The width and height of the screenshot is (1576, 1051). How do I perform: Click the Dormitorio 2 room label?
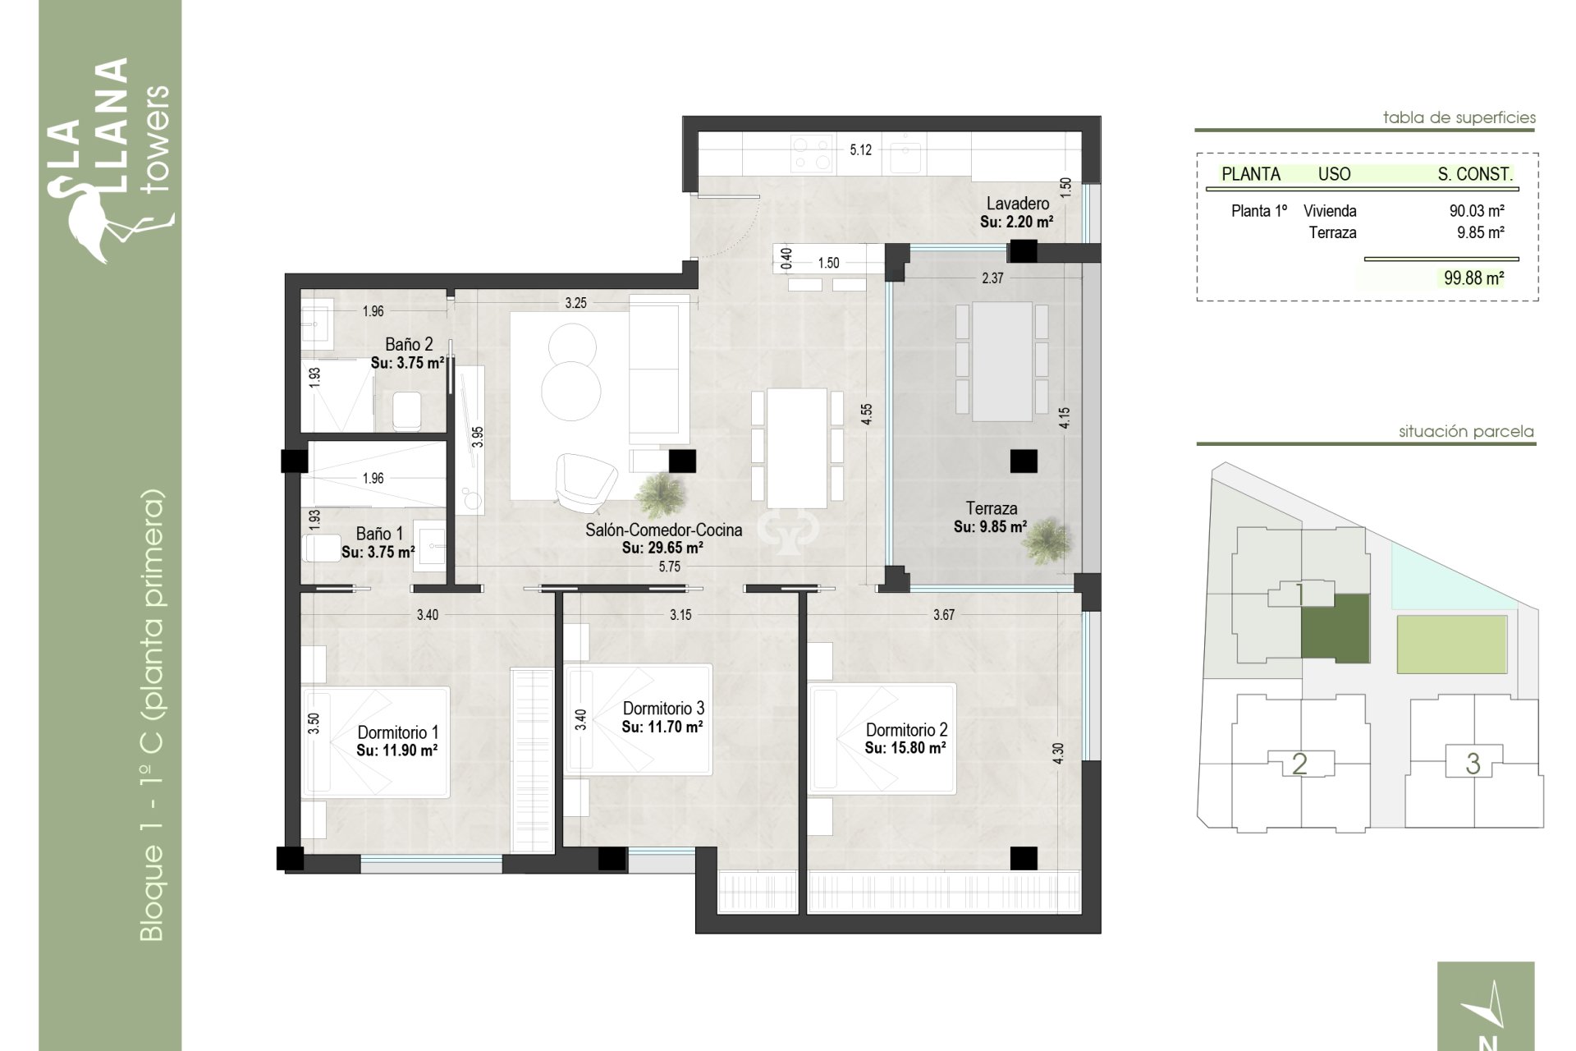click(x=906, y=730)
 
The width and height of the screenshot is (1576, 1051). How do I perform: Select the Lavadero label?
click(x=1017, y=204)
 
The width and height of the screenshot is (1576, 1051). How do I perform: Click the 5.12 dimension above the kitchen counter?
click(x=860, y=150)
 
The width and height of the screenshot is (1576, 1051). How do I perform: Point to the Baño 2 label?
click(x=408, y=345)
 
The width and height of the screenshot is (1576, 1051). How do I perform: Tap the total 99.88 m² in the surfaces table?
click(x=1473, y=278)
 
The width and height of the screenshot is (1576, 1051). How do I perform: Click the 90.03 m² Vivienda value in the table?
click(x=1476, y=211)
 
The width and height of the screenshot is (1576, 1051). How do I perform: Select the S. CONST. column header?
click(x=1474, y=174)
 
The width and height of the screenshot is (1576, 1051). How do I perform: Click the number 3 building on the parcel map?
click(x=1473, y=764)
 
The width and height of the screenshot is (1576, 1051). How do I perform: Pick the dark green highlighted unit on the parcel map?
click(x=1335, y=628)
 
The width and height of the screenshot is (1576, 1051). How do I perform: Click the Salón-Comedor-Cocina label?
click(x=663, y=530)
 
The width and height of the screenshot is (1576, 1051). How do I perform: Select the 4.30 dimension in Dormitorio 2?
click(x=1058, y=753)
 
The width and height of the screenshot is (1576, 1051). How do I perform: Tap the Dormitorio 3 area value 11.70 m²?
click(x=662, y=727)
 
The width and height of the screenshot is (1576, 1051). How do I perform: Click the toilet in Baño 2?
click(x=407, y=411)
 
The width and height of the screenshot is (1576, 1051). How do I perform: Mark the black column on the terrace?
click(x=1023, y=461)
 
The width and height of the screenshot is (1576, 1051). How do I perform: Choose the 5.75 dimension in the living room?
click(x=669, y=567)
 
